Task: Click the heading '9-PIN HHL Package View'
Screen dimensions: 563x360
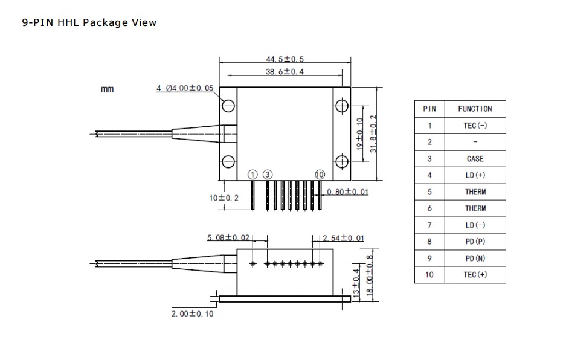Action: pyautogui.click(x=89, y=22)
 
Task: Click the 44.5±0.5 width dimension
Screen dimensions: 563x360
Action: pyautogui.click(x=285, y=59)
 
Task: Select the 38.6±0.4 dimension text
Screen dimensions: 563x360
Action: pyautogui.click(x=285, y=71)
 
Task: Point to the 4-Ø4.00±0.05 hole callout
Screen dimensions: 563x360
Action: pyautogui.click(x=185, y=88)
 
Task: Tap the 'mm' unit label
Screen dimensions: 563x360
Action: pyautogui.click(x=107, y=89)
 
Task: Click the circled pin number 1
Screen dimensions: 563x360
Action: pyautogui.click(x=253, y=175)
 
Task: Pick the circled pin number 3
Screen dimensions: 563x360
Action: pyautogui.click(x=268, y=175)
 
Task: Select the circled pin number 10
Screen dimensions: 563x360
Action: pyautogui.click(x=320, y=175)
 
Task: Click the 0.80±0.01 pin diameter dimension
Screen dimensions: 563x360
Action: pyautogui.click(x=347, y=192)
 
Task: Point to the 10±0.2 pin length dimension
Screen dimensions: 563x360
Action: pyautogui.click(x=224, y=198)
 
